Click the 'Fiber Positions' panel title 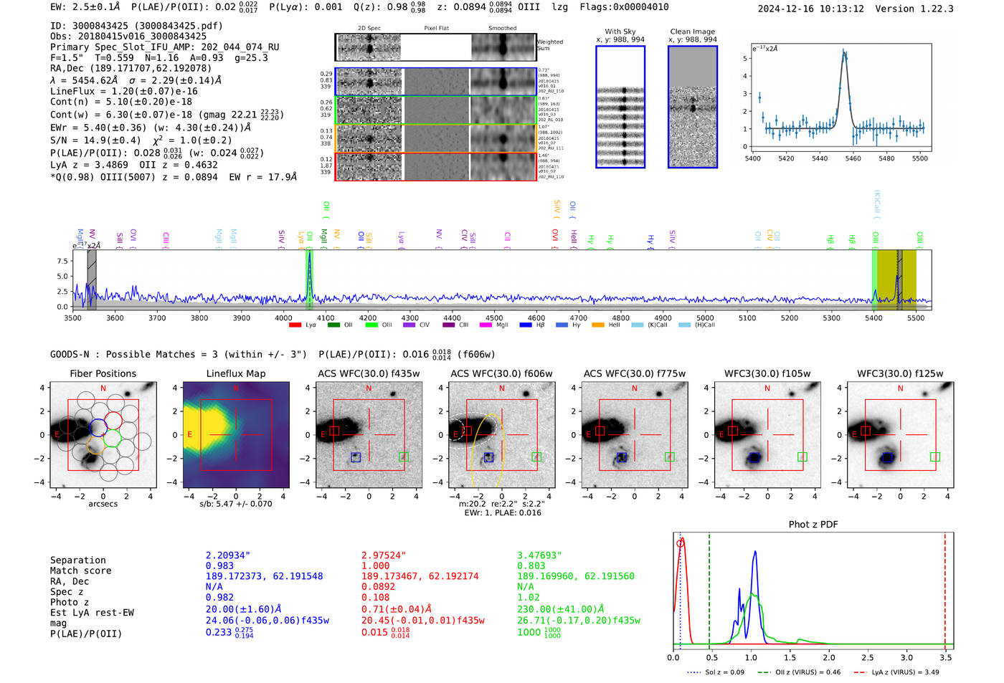103,373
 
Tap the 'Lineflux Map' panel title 235,373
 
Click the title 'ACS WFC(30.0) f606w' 501,373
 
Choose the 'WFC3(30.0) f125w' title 900,373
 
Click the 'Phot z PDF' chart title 813,524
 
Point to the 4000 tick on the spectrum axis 283,318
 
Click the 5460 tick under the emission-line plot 853,158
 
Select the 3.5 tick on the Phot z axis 945,657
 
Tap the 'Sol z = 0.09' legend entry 724,672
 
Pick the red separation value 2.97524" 384,555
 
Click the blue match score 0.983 219,566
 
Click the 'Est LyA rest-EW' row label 92,613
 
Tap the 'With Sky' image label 620,32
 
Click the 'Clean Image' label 692,32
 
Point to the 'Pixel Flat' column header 436,28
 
